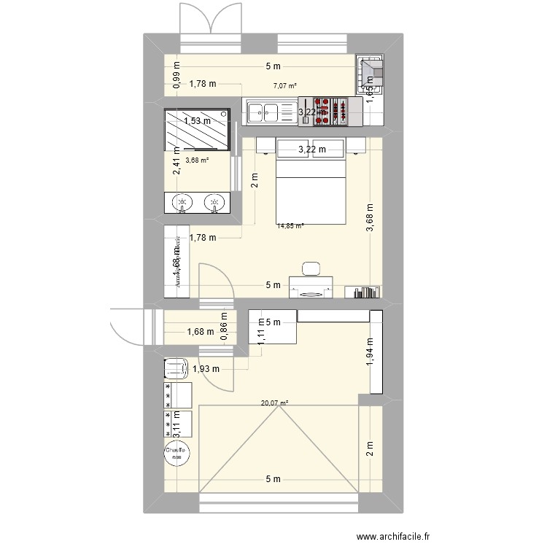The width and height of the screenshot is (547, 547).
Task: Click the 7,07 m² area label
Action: click(x=285, y=86)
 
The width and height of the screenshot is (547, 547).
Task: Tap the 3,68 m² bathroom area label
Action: click(x=197, y=161)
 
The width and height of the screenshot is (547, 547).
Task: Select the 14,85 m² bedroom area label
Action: click(x=290, y=226)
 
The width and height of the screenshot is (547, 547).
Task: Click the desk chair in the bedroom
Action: click(x=311, y=268)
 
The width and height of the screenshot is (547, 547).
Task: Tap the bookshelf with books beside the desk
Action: click(x=365, y=292)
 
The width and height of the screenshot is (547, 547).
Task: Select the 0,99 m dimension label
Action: click(x=177, y=76)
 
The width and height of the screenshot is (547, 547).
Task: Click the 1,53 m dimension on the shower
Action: click(x=197, y=121)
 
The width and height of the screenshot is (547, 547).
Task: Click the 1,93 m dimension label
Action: click(x=205, y=369)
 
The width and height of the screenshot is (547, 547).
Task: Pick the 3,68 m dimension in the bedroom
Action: click(x=371, y=218)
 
